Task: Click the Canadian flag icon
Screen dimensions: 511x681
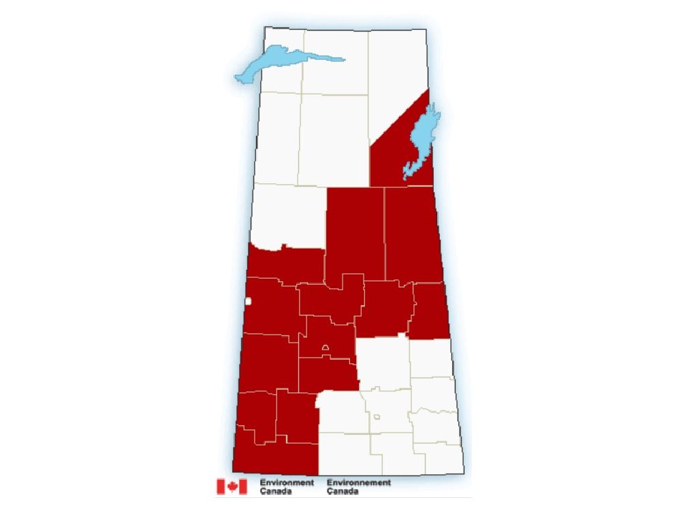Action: coord(232,486)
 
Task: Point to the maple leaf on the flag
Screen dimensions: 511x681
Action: coord(232,486)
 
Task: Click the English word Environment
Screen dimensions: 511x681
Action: coord(287,482)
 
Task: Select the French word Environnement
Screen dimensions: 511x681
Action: coord(358,482)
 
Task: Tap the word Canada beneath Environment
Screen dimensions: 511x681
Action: coord(273,491)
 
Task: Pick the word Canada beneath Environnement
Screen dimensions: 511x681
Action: coord(342,491)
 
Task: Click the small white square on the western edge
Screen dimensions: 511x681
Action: coord(249,300)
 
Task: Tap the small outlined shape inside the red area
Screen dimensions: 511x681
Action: coord(326,347)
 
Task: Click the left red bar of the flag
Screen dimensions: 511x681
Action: coord(221,486)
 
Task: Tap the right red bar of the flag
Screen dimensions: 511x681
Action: coord(242,486)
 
